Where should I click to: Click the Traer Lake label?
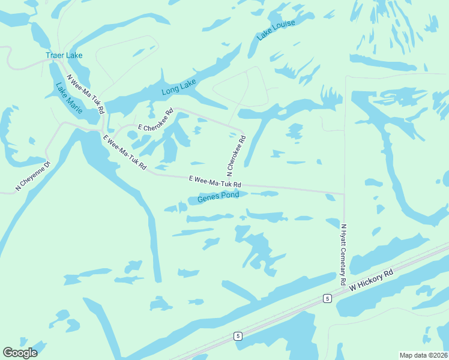pyautogui.click(x=64, y=55)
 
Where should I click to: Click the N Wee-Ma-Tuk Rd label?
pyautogui.click(x=86, y=94)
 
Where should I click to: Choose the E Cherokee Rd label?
pyautogui.click(x=155, y=120)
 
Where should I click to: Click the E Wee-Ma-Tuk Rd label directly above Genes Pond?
pyautogui.click(x=215, y=181)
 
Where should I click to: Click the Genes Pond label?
pyautogui.click(x=218, y=196)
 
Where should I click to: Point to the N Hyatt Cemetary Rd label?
pyautogui.click(x=343, y=254)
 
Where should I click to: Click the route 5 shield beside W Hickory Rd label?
pyautogui.click(x=327, y=298)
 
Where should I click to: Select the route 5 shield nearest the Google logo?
pyautogui.click(x=238, y=336)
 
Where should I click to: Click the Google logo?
pyautogui.click(x=20, y=353)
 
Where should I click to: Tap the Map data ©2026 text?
pyautogui.click(x=423, y=355)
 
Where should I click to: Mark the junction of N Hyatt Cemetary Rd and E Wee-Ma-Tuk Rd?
pyautogui.click(x=344, y=194)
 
